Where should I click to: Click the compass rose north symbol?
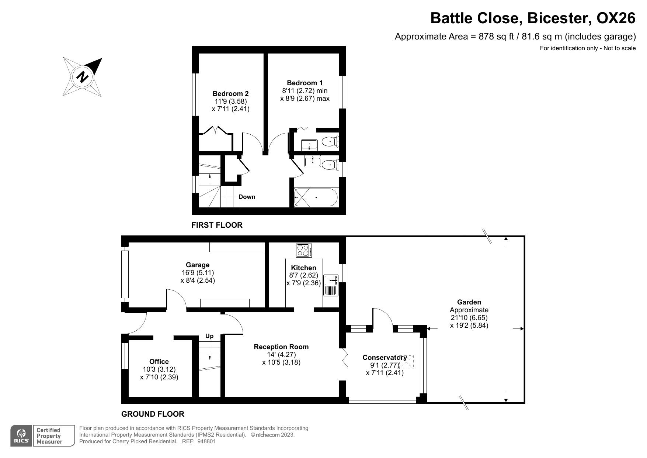coord(83,77)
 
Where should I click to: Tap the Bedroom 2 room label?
coord(230,94)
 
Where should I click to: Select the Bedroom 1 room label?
coord(305,83)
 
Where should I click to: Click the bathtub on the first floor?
coord(316,197)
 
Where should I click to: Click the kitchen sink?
coord(331,280)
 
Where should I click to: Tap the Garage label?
coord(198,265)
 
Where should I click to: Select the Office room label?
coord(159,362)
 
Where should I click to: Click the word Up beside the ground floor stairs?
coord(209,336)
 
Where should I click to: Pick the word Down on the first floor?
coord(247,197)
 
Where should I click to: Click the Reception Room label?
coord(281,347)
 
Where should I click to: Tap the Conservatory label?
coord(385,357)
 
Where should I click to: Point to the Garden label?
coord(469,302)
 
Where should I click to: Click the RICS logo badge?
coord(21,436)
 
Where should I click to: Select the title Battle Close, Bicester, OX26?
coord(533,18)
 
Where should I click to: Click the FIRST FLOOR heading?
coord(217,225)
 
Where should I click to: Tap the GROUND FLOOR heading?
coord(153,414)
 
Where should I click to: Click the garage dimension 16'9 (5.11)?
coord(198,273)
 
